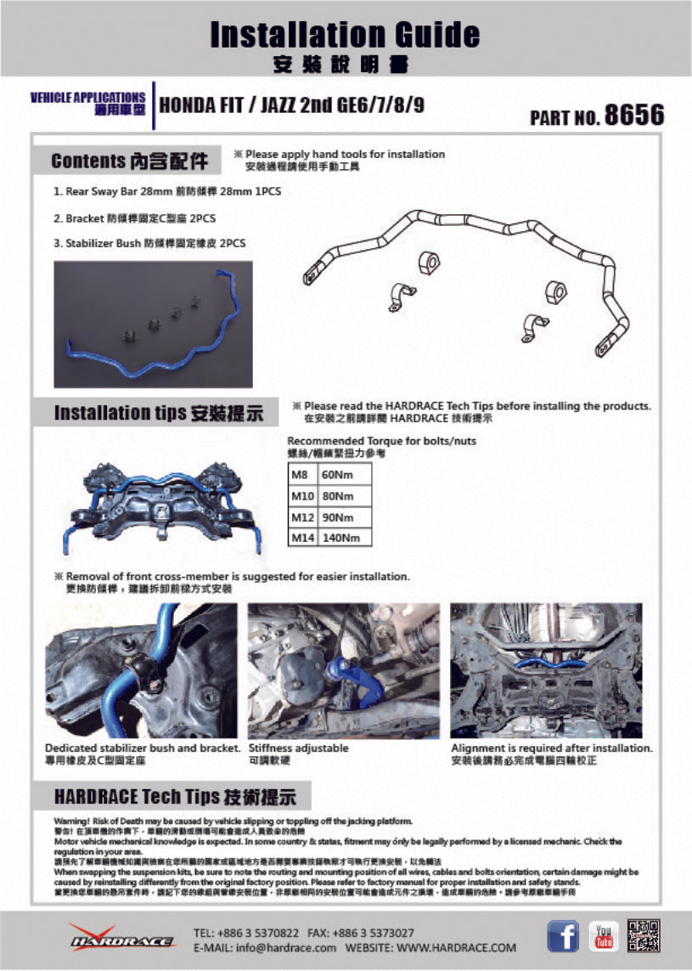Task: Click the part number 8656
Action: [633, 116]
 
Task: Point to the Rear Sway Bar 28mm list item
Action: [166, 192]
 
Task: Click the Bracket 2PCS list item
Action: [134, 218]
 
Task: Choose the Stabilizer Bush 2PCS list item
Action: [149, 243]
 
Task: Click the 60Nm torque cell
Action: [334, 477]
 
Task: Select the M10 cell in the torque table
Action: [301, 497]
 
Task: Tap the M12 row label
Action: [301, 517]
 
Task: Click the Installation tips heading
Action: [159, 413]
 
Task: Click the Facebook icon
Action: [563, 937]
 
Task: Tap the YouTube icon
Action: [604, 937]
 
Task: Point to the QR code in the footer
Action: [644, 936]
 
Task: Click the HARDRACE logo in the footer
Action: [104, 938]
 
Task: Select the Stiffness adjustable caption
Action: [298, 748]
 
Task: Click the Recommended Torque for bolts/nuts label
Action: [381, 441]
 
